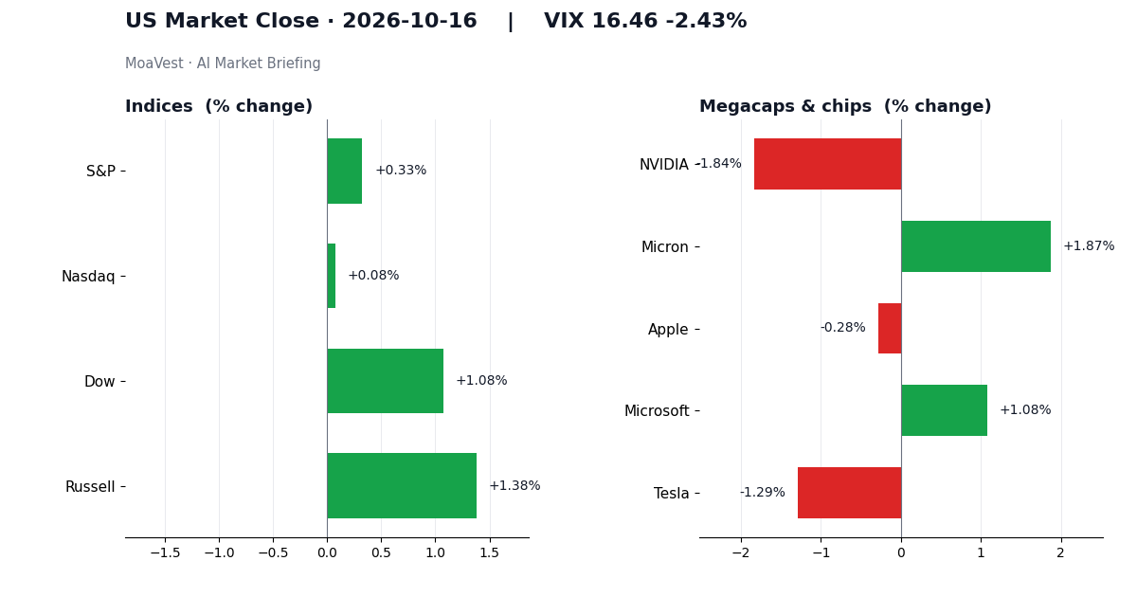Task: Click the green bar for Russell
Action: tap(402, 486)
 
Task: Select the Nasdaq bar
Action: tap(332, 276)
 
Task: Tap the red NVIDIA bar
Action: tap(828, 164)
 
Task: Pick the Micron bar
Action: tap(976, 246)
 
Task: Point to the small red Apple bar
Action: tap(890, 329)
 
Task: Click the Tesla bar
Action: tap(850, 493)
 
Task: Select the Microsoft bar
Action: tap(944, 410)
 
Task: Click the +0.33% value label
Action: tap(401, 170)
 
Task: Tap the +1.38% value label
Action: tap(514, 486)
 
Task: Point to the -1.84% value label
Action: tap(719, 163)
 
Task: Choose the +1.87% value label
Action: tap(1089, 246)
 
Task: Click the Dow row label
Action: tap(99, 381)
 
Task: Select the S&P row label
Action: tap(100, 172)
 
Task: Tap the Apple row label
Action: tap(668, 330)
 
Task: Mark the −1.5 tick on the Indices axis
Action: tap(165, 552)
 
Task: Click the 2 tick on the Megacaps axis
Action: tap(1061, 552)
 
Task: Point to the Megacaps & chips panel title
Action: tap(845, 106)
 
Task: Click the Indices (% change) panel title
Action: tap(219, 106)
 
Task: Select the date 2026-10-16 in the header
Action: tap(409, 21)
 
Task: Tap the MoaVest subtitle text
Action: tap(223, 63)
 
